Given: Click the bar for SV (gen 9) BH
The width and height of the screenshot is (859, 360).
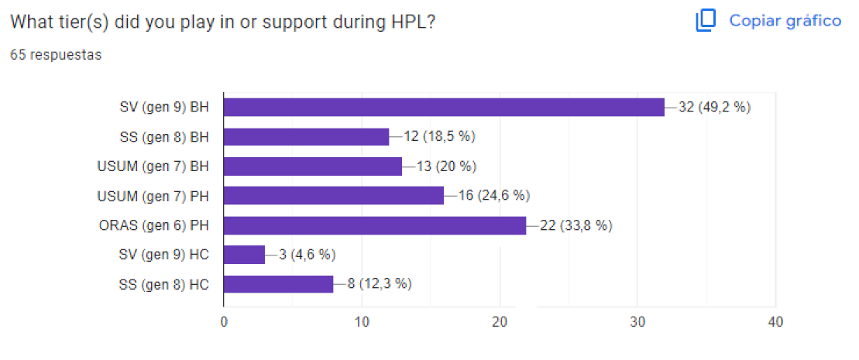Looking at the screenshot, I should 443,107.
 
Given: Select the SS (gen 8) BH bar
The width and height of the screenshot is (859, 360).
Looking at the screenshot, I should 305,137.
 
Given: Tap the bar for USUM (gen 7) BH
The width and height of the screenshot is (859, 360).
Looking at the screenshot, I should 312,166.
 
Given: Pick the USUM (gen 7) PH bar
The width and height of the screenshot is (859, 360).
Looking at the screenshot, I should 333,196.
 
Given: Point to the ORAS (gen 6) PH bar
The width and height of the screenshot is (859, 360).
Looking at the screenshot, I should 374,225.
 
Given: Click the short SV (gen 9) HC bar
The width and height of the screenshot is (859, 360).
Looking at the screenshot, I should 244,255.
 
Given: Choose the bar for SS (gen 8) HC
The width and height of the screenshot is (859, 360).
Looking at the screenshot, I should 278,284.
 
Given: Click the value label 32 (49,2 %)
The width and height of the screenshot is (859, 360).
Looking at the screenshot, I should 715,107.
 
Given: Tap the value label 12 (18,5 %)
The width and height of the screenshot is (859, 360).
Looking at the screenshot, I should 439,137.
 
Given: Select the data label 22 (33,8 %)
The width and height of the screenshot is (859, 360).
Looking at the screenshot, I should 576,225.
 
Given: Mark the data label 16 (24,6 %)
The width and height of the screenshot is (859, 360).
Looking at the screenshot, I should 493,196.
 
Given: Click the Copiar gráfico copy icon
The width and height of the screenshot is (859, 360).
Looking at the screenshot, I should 705,21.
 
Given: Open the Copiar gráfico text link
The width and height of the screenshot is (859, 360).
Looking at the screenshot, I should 785,21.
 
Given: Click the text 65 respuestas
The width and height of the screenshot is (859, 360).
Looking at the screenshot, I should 55,55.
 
